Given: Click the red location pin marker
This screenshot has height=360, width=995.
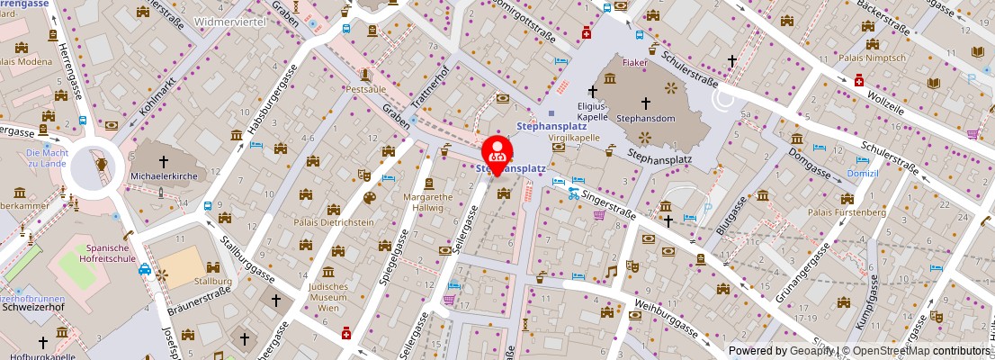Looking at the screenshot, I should (497, 152).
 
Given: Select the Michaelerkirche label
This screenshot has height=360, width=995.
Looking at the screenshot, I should (164, 176).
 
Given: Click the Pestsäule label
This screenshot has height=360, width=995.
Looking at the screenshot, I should (365, 91).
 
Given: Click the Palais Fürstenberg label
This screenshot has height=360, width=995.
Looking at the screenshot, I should (847, 212).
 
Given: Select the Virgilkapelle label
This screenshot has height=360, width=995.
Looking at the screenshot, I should (575, 138).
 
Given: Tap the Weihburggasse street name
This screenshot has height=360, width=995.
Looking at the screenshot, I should (666, 317).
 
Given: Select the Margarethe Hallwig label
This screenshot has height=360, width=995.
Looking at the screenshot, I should (427, 202).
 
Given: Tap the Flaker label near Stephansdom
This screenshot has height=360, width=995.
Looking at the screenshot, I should (635, 64).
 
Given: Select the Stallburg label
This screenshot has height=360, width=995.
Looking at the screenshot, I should (213, 282).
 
